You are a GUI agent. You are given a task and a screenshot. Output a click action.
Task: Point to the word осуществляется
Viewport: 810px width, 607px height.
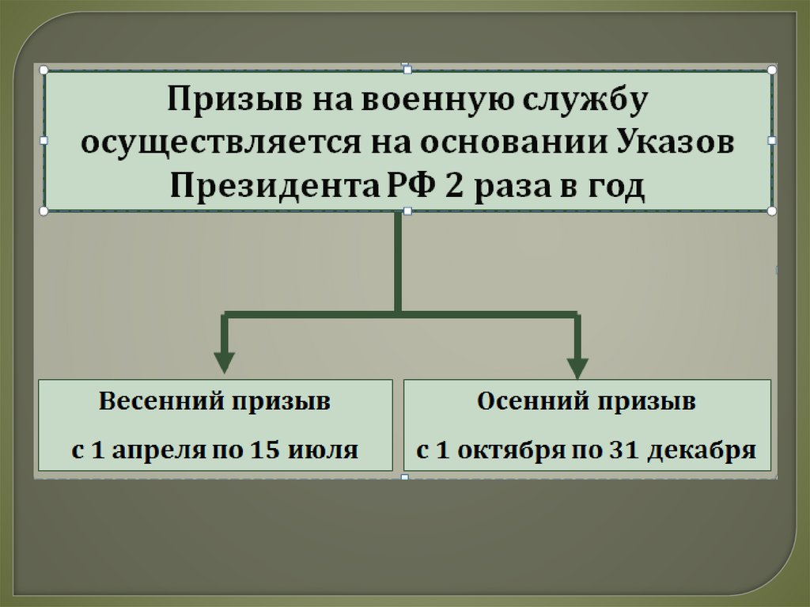(x=203, y=145)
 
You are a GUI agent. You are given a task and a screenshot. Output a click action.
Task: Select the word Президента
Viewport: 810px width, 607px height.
(x=268, y=188)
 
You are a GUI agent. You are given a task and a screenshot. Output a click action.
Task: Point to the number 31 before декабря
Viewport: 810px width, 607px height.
(x=623, y=450)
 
